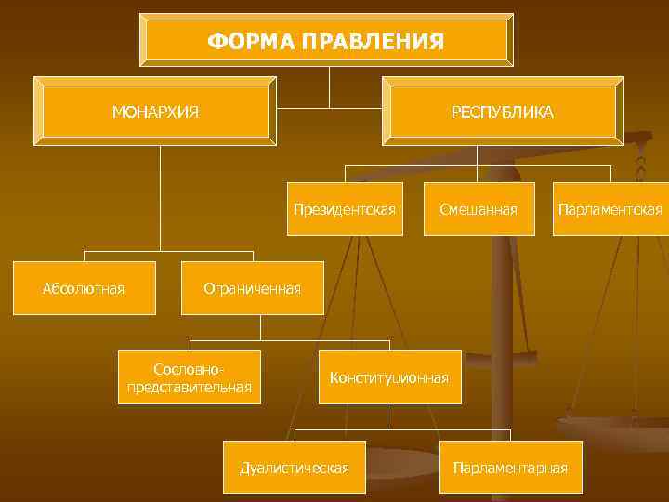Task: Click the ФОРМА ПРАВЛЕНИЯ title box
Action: coord(326,41)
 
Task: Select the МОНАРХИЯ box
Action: coord(155,112)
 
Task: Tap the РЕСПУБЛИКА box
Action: coord(503,112)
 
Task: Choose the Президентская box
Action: coord(345,209)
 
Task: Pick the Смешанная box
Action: coord(479,209)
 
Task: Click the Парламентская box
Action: coord(610,209)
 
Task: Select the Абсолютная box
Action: coord(84,288)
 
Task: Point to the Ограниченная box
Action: coord(252,288)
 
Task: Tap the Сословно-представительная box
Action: coord(190,377)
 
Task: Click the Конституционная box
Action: coord(389,377)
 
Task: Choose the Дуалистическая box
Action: coord(295,467)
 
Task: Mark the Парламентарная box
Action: coord(510,467)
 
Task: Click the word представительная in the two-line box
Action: coord(190,387)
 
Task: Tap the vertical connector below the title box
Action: coord(328,86)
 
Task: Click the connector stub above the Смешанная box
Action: coord(479,174)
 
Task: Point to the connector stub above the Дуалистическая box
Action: coord(295,435)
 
